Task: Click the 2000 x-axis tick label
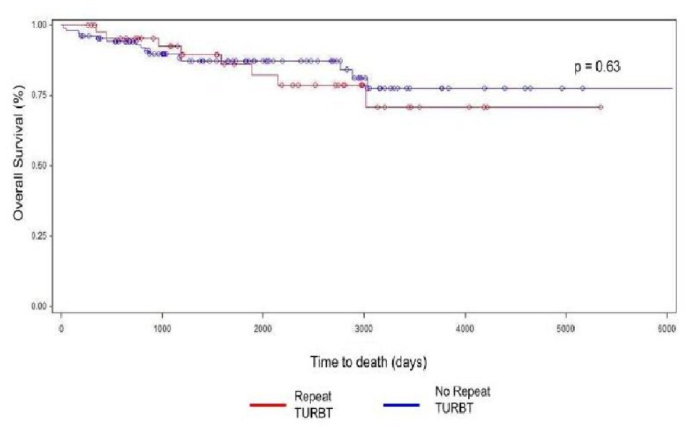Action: coord(263,329)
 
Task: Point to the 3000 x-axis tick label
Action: coord(364,329)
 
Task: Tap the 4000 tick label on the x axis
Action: coord(465,329)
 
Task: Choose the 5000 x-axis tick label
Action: coord(566,329)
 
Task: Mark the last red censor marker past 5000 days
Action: coord(601,107)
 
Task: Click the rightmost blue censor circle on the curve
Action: coord(583,88)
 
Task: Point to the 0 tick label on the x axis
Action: coord(61,329)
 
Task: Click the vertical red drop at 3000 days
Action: coord(365,97)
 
